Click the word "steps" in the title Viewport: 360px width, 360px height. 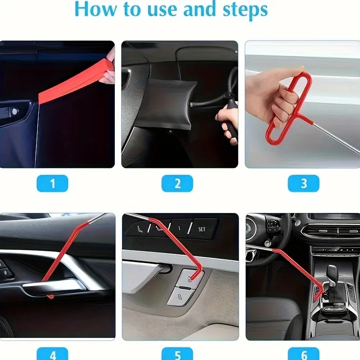tap(245, 10)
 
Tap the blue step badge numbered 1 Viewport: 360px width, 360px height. tap(52, 183)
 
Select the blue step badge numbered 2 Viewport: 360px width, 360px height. tap(177, 183)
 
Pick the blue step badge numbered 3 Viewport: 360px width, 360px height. tap(303, 183)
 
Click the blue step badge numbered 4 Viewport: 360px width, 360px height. tap(52, 354)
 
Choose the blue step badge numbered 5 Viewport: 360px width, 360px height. tap(177, 354)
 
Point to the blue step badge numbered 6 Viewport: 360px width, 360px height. tap(303, 354)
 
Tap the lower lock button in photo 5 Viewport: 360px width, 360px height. tap(180, 297)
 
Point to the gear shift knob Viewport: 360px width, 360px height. tap(333, 273)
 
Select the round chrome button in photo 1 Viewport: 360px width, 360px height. tap(15, 112)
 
